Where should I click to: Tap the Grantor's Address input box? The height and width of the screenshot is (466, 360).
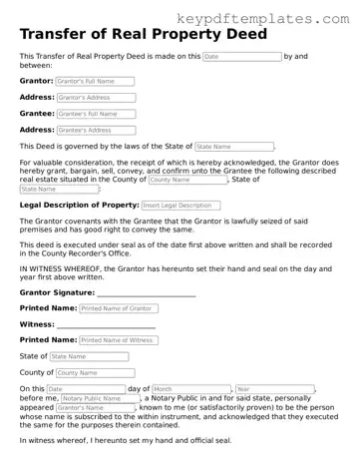[x=97, y=98]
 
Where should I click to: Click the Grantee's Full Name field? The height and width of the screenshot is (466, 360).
[x=97, y=114]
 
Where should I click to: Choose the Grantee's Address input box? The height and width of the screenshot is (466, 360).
[x=97, y=130]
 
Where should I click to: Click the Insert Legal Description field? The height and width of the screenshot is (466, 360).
[x=180, y=205]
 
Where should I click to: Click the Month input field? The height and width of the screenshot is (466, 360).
[x=190, y=388]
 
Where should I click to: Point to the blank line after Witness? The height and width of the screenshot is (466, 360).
[x=106, y=325]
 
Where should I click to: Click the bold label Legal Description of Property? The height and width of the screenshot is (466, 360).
[x=79, y=205]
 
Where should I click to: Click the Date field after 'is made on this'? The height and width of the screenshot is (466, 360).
[x=240, y=57]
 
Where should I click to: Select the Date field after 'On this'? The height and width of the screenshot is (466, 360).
[x=85, y=388]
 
